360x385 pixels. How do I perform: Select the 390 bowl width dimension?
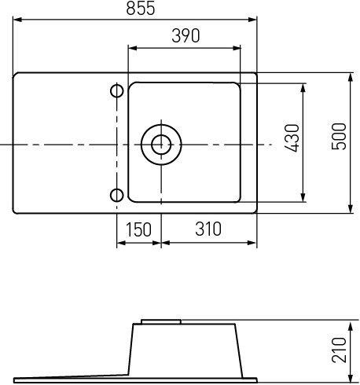pyautogui.click(x=186, y=35)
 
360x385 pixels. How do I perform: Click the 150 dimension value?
pyautogui.click(x=138, y=229)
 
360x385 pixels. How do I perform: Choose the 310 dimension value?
pyautogui.click(x=207, y=229)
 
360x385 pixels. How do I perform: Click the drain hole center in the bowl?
pyautogui.click(x=161, y=145)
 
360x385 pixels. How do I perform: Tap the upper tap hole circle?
pyautogui.click(x=117, y=92)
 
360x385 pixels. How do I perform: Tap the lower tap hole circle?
pyautogui.click(x=117, y=196)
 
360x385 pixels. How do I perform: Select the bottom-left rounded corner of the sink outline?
pyautogui.click(x=17, y=210)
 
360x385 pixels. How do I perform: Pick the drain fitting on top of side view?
pyautogui.click(x=161, y=321)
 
